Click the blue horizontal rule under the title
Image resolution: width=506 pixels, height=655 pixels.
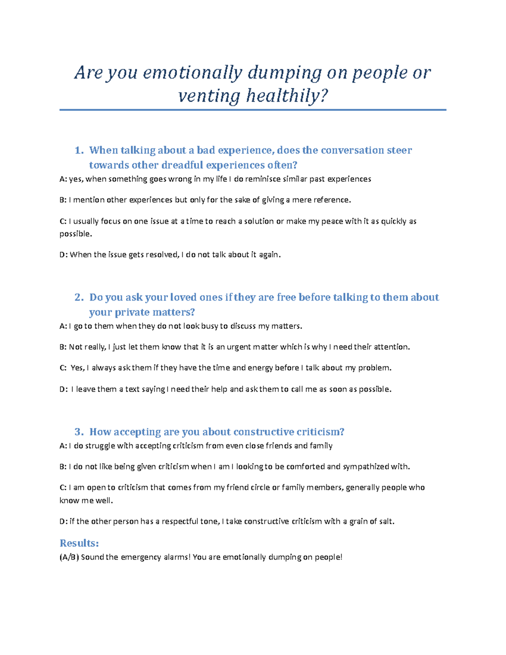pyautogui.click(x=253, y=110)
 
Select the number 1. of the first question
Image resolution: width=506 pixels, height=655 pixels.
pyautogui.click(x=79, y=151)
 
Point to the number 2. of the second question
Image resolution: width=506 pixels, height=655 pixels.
pyautogui.click(x=79, y=298)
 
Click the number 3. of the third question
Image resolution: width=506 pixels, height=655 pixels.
pyautogui.click(x=79, y=432)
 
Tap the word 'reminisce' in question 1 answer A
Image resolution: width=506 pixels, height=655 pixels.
pyautogui.click(x=263, y=179)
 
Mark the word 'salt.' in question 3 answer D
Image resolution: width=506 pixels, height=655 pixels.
pyautogui.click(x=385, y=522)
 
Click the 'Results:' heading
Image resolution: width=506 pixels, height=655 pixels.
pyautogui.click(x=79, y=543)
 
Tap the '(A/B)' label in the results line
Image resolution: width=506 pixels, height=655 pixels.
pyautogui.click(x=69, y=558)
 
